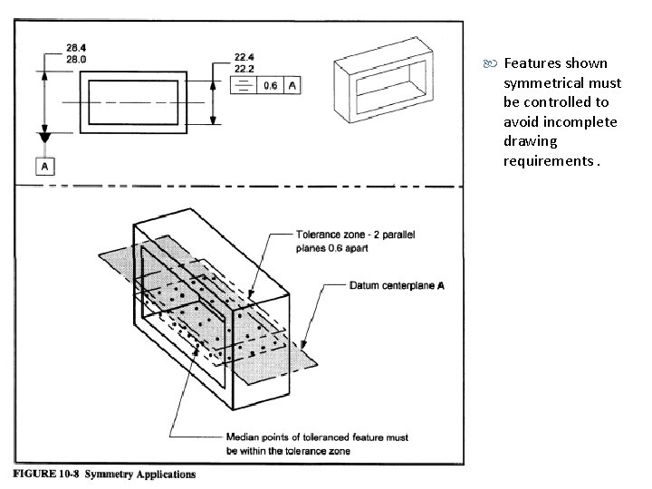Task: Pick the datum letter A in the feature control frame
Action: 292,85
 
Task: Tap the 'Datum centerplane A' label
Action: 397,286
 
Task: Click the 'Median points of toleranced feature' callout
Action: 318,437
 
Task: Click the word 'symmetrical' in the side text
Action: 542,82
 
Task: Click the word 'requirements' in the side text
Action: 542,161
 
